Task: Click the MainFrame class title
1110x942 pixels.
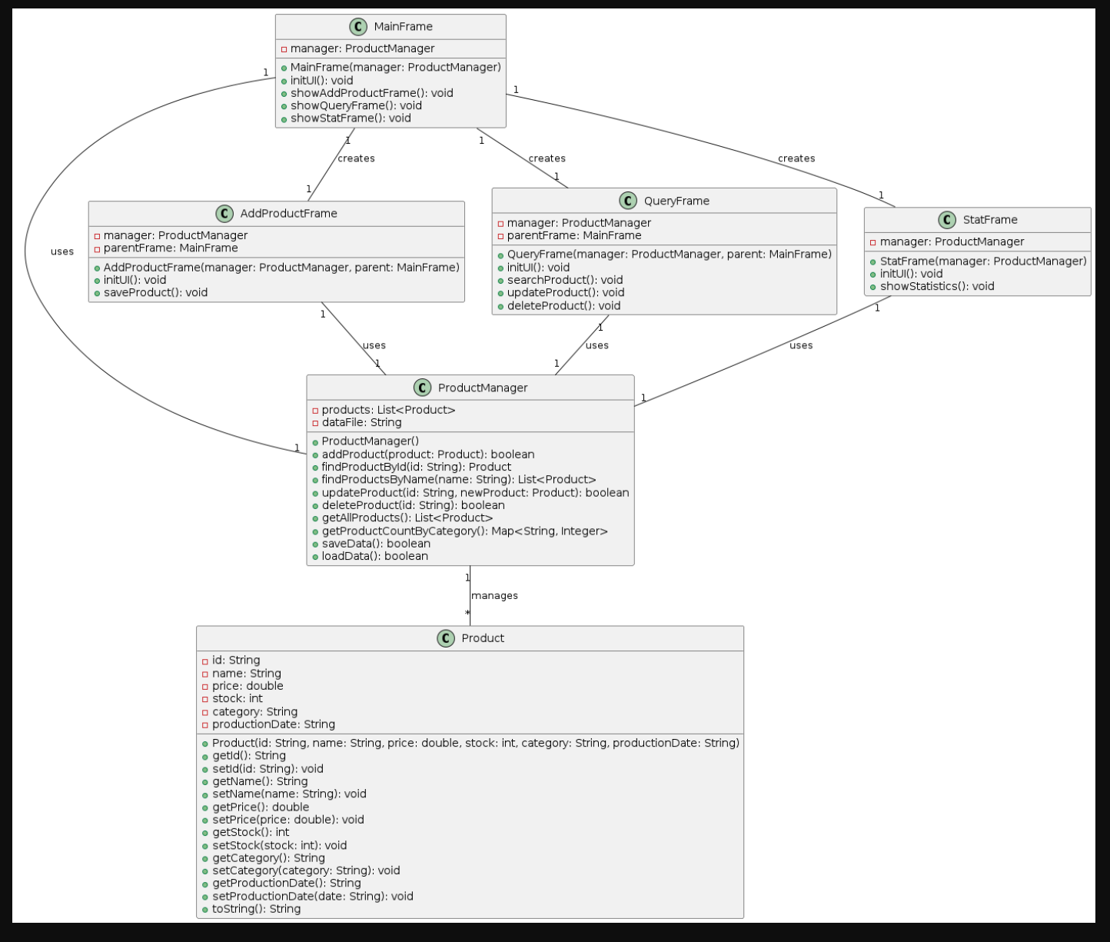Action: [x=403, y=27]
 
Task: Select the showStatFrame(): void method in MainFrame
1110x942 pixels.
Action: [x=351, y=118]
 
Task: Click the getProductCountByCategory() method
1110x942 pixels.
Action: [x=464, y=531]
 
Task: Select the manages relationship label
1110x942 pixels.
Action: [x=494, y=596]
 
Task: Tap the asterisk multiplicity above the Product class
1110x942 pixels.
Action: [x=467, y=613]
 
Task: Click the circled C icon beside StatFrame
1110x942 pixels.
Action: [x=947, y=220]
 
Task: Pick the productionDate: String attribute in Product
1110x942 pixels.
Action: [x=273, y=724]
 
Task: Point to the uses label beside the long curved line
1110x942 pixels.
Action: [x=62, y=251]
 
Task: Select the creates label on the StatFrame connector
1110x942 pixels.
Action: [x=796, y=158]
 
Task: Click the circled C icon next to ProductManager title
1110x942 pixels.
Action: [x=422, y=388]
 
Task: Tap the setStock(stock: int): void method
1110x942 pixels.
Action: [x=279, y=845]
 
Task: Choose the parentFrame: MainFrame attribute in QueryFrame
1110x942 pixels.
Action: [x=573, y=236]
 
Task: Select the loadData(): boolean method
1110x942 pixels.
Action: [x=374, y=557]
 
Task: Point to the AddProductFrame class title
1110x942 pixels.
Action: [x=288, y=214]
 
